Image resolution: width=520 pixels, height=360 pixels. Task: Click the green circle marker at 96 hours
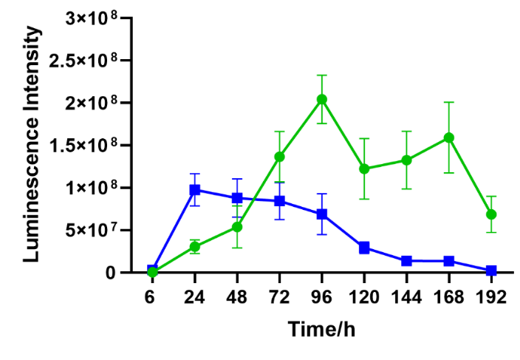click(322, 100)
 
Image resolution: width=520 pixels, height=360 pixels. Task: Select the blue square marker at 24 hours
click(195, 190)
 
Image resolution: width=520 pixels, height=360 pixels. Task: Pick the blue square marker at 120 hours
click(364, 248)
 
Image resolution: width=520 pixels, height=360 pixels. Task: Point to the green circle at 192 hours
click(491, 214)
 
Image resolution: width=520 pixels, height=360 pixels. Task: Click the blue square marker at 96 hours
click(322, 214)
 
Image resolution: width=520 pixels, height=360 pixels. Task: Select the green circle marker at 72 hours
click(280, 157)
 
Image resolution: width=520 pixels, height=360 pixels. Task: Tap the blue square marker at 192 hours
click(491, 271)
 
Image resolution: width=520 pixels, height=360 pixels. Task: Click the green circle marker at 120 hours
click(364, 169)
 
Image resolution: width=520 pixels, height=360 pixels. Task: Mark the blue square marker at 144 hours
click(406, 261)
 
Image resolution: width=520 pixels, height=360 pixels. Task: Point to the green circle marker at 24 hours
click(195, 247)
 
